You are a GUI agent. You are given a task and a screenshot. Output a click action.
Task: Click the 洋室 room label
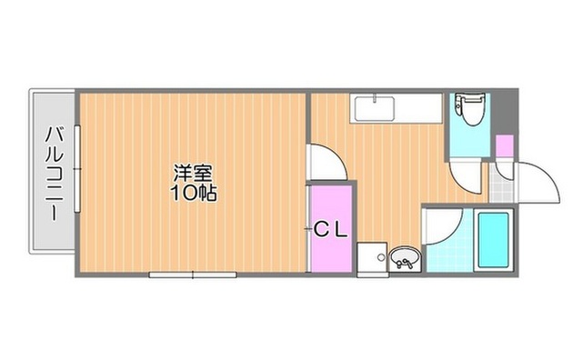[194, 173]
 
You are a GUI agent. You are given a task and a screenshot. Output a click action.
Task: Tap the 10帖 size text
[194, 193]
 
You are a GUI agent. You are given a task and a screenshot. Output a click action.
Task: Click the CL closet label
[331, 230]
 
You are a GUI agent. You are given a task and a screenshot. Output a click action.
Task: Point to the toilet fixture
[468, 108]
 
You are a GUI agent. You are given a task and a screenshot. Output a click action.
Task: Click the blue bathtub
[493, 240]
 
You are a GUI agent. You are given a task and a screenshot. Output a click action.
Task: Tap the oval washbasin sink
[405, 257]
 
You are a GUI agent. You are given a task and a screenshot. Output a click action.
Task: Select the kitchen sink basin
[374, 109]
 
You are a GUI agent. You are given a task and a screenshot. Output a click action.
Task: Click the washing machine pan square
[372, 257]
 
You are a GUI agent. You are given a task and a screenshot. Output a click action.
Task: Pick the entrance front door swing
[538, 182]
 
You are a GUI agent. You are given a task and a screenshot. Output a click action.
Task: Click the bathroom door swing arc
[443, 225]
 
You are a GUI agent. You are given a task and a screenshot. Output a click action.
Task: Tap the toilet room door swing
[466, 176]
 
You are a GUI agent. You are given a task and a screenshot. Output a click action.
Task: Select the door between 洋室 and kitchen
[326, 163]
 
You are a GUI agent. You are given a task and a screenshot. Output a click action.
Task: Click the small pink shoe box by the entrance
[505, 146]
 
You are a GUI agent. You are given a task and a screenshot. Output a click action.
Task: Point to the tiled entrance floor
[501, 184]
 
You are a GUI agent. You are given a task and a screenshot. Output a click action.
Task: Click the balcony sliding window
[77, 169]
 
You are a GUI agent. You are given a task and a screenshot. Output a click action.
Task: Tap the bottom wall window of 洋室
[193, 275]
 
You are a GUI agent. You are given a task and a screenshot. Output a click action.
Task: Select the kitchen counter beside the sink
[418, 108]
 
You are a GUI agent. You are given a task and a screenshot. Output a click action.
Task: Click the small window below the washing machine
[373, 275]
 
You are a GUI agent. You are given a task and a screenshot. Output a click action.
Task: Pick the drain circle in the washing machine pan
[380, 257]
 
